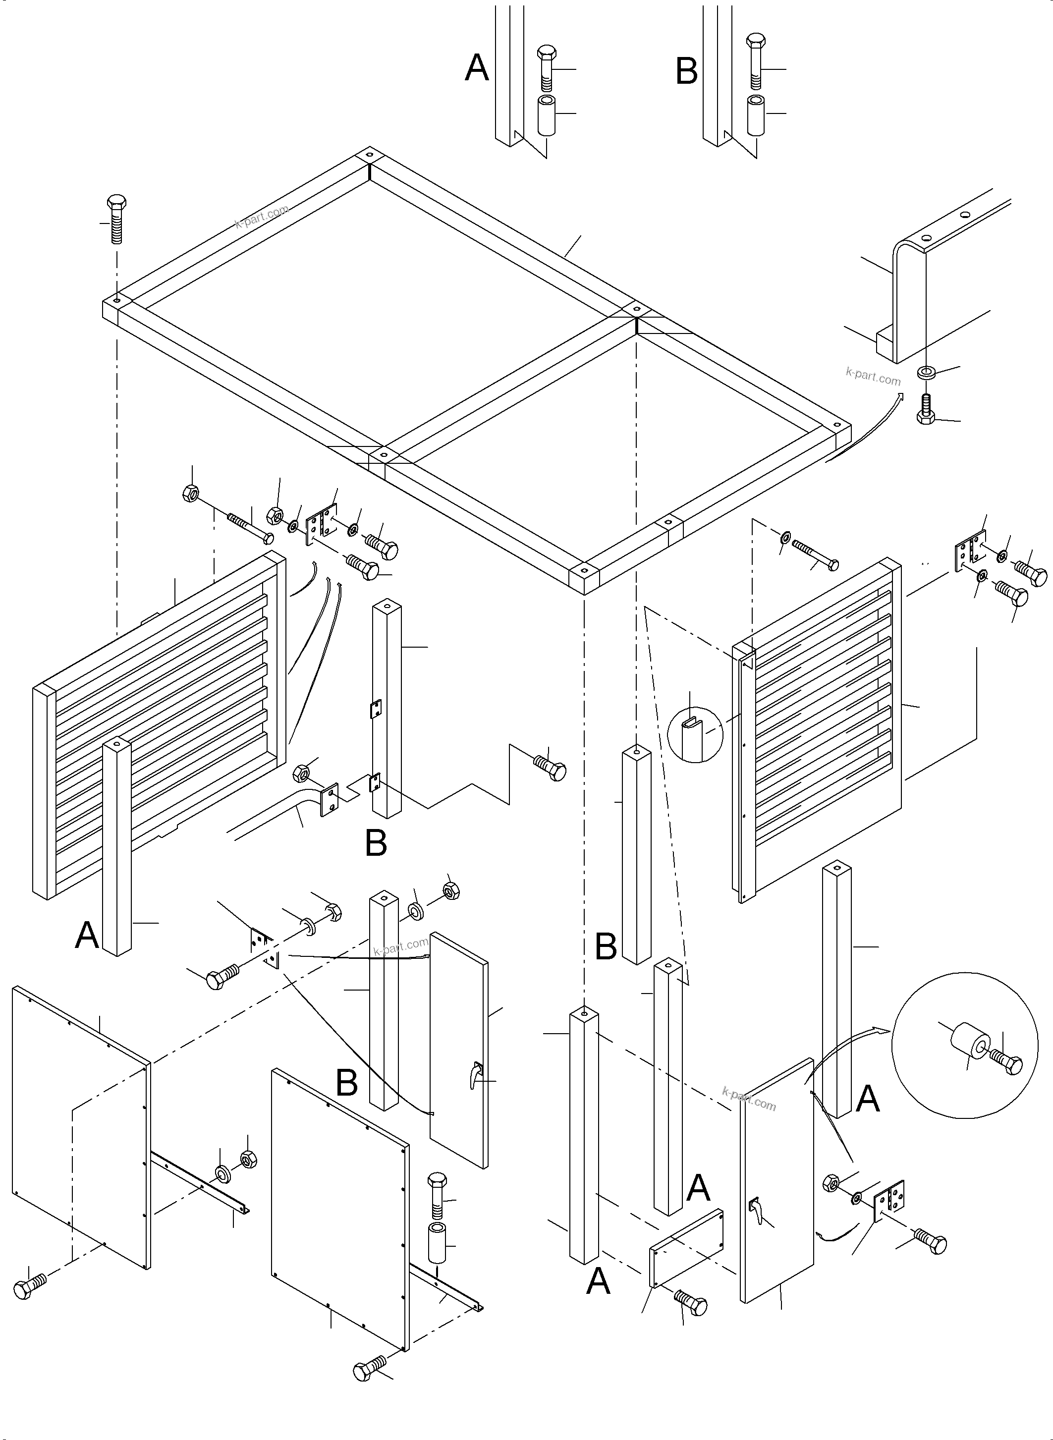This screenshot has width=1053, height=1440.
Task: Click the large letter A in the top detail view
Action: click(477, 68)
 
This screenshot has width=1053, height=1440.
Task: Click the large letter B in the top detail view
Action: click(686, 71)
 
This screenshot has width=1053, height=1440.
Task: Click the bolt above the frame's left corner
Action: click(116, 219)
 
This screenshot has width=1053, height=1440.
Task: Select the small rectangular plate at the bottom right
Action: click(686, 1248)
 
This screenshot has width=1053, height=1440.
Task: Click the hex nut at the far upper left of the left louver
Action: click(191, 493)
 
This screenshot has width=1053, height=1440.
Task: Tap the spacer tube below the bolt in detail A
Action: click(546, 115)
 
